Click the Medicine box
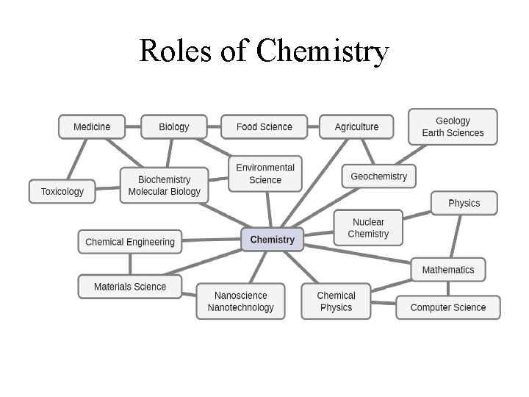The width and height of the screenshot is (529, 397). click(92, 126)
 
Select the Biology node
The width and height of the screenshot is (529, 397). click(173, 126)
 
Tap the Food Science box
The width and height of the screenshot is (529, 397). click(264, 126)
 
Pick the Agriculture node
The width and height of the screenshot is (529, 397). click(356, 126)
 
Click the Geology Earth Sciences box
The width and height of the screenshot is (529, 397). click(453, 126)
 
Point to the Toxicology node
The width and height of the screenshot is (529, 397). click(62, 191)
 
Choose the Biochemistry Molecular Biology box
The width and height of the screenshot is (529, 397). click(164, 185)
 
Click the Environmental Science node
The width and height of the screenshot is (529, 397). click(265, 174)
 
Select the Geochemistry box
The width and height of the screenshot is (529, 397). click(378, 176)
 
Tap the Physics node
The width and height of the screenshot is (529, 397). click(464, 203)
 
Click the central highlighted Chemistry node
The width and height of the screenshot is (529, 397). click(272, 239)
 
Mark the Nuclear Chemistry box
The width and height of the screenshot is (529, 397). click(368, 228)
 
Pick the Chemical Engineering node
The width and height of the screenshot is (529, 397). click(130, 241)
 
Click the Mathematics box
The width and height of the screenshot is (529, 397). click(448, 270)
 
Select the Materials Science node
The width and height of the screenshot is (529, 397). click(130, 287)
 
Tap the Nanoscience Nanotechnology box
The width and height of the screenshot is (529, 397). click(240, 301)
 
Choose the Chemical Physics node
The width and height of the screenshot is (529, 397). click(336, 301)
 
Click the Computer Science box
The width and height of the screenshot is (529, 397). click(448, 307)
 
